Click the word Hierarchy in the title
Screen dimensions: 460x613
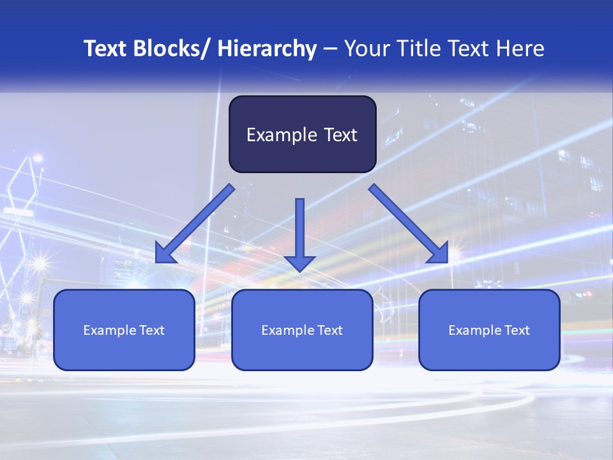(x=267, y=49)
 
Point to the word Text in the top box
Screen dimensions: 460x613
(x=340, y=135)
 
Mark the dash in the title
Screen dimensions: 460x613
(x=330, y=49)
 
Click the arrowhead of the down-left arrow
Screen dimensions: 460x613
(x=164, y=254)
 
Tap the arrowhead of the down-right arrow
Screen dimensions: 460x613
(x=439, y=254)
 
